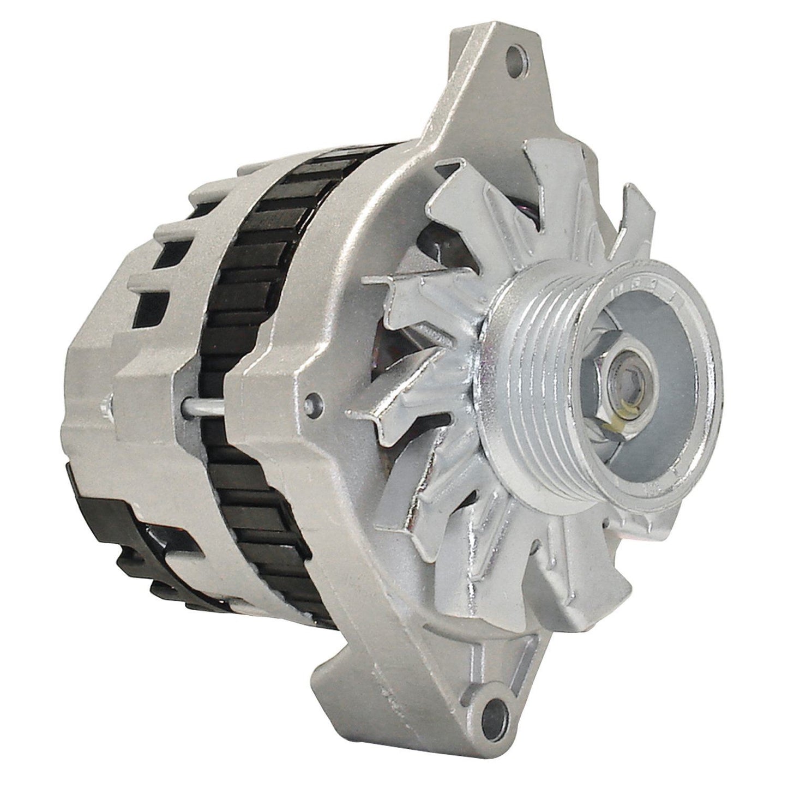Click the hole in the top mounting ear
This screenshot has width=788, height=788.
click(x=513, y=55)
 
